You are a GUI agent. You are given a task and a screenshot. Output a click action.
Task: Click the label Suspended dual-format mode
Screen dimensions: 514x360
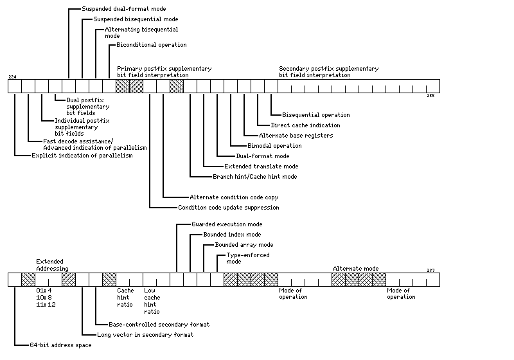pyautogui.click(x=124, y=9)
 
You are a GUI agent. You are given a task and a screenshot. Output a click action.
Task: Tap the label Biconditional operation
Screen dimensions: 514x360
pyautogui.click(x=152, y=45)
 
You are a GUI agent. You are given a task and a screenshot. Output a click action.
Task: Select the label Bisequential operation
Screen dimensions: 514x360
pyautogui.click(x=316, y=115)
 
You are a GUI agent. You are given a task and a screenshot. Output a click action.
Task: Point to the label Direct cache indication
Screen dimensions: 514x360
pyautogui.click(x=306, y=125)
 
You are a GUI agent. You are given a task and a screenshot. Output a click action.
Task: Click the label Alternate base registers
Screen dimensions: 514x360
pyautogui.click(x=296, y=136)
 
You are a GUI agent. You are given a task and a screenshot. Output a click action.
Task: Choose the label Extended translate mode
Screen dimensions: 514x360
pyautogui.click(x=261, y=166)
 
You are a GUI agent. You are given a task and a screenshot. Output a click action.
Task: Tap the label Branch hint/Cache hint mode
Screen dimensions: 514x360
pyautogui.click(x=255, y=177)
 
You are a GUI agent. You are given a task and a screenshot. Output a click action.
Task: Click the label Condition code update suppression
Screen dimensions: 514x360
pyautogui.click(x=229, y=208)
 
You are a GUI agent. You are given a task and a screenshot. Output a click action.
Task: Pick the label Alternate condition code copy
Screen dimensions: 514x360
pyautogui.click(x=234, y=197)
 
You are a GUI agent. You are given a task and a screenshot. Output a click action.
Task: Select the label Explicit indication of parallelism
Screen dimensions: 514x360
pyautogui.click(x=82, y=156)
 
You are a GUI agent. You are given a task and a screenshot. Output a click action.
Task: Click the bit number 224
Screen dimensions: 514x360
pyautogui.click(x=12, y=76)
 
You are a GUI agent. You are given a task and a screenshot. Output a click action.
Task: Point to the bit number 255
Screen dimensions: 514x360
pyautogui.click(x=430, y=95)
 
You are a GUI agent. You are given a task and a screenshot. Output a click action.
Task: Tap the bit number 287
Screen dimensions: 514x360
pyautogui.click(x=430, y=270)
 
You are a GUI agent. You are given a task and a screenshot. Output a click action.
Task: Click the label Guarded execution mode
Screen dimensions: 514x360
pyautogui.click(x=227, y=224)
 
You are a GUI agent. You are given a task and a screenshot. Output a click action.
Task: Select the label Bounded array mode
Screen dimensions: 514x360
pyautogui.click(x=244, y=245)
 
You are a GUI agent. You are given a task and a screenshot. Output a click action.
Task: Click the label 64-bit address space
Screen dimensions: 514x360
pyautogui.click(x=60, y=345)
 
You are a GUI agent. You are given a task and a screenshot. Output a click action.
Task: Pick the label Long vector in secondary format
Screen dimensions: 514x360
pyautogui.click(x=145, y=335)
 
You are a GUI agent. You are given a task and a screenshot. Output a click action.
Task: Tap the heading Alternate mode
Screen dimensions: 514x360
pyautogui.click(x=356, y=269)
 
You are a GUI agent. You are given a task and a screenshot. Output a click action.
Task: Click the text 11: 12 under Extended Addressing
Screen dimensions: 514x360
pyautogui.click(x=46, y=305)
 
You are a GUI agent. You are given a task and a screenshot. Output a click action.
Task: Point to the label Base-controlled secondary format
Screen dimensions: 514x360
pyautogui.click(x=159, y=325)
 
